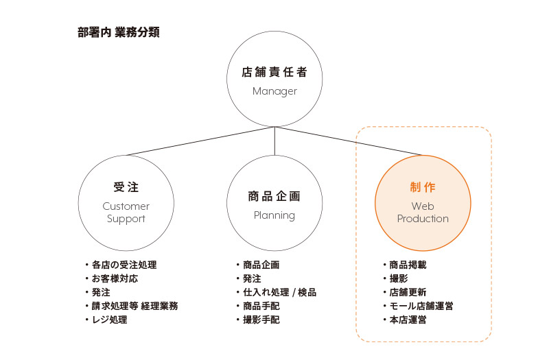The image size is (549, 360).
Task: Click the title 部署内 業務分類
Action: (x=119, y=32)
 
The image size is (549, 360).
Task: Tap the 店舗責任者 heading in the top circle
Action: (x=274, y=72)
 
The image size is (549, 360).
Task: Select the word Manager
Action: (x=274, y=91)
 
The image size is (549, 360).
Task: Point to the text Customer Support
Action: (x=126, y=213)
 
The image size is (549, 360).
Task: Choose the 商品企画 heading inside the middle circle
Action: (x=274, y=196)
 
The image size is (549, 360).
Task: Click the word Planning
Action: (x=274, y=215)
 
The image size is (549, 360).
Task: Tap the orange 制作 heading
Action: (x=422, y=187)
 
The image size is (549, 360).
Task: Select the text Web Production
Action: (x=422, y=213)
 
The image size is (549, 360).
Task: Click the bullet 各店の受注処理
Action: (x=124, y=265)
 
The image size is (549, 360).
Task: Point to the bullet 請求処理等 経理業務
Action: (x=135, y=306)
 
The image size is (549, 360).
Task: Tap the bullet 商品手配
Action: (x=261, y=306)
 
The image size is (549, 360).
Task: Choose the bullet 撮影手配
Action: (x=261, y=320)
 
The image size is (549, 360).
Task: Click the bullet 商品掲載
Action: (x=408, y=265)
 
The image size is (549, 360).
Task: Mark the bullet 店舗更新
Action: (x=408, y=292)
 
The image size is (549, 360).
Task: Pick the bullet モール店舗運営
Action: (x=421, y=306)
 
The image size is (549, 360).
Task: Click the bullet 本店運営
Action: (x=408, y=320)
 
